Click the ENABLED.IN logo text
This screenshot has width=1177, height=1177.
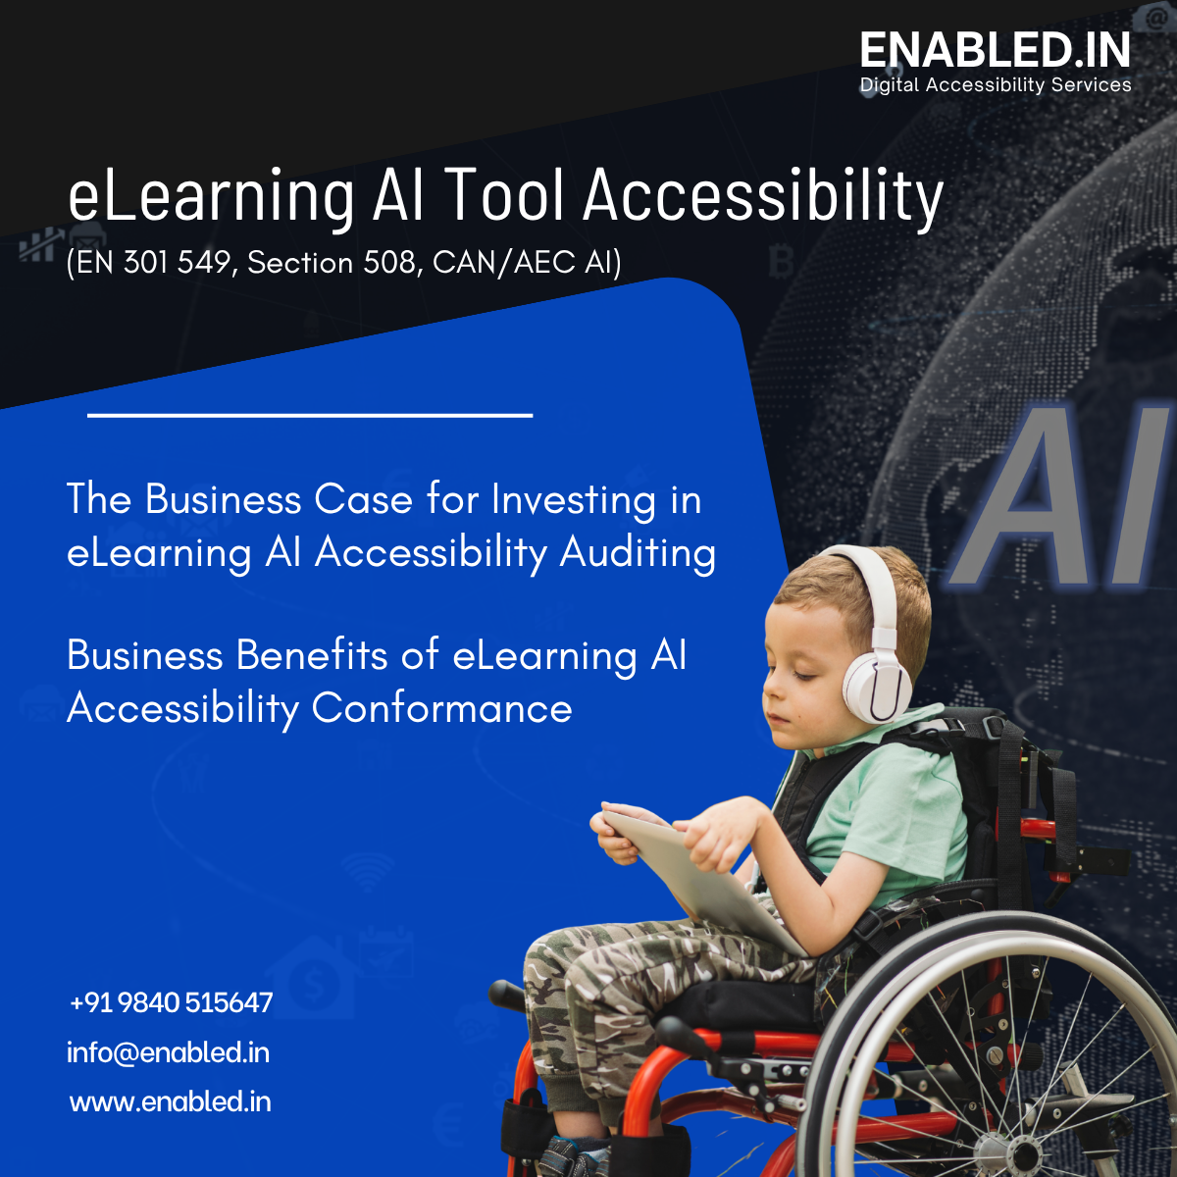pos(995,51)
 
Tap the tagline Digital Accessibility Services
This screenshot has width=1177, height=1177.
pos(995,85)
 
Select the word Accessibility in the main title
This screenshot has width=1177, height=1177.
pos(763,196)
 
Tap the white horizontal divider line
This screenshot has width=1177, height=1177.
pos(310,415)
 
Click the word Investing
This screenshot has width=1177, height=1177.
pos(573,500)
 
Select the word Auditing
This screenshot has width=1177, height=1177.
pos(638,553)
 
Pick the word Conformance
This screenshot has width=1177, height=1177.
pos(441,708)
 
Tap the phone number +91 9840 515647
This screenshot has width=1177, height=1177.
pos(172,1002)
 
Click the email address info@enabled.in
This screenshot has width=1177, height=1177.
pos(168,1052)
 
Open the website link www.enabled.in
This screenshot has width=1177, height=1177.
pos(171,1101)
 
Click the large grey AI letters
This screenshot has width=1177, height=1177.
pos(1064,500)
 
